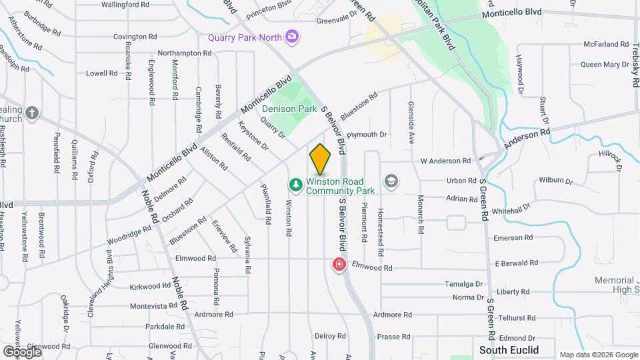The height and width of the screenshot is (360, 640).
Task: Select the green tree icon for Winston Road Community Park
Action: coord(295,183)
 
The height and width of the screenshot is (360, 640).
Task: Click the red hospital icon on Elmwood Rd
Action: coord(339,265)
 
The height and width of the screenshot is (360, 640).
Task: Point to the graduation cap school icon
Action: coord(391,181)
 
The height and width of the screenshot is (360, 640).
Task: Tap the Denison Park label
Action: coord(289,109)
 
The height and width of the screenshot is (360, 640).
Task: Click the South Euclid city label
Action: coord(509,350)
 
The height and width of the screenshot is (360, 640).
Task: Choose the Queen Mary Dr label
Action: coord(601,65)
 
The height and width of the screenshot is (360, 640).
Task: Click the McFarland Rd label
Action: coord(602,44)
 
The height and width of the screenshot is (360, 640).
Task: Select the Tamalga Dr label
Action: coord(463,284)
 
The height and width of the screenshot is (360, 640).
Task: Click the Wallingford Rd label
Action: coord(125,5)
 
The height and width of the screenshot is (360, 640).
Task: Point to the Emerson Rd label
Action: coord(513,238)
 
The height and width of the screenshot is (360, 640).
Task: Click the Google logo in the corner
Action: coord(21,351)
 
